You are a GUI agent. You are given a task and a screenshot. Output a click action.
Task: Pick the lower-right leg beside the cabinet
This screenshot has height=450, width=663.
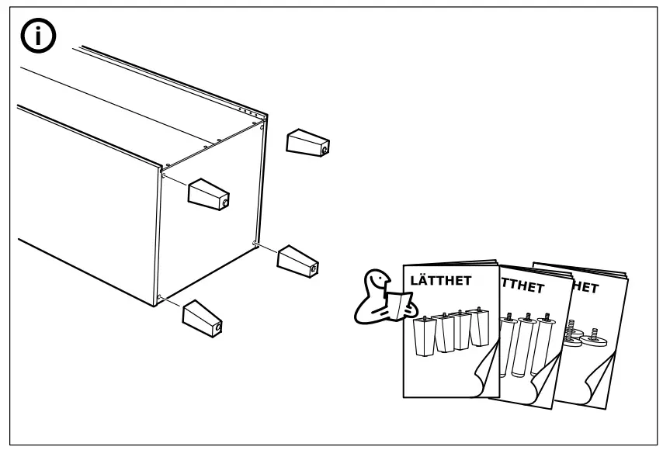click(x=298, y=260)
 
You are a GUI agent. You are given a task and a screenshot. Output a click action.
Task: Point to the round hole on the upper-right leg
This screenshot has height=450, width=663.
click(x=325, y=145)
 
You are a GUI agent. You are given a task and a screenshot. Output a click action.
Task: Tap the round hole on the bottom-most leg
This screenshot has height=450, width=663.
click(x=218, y=326)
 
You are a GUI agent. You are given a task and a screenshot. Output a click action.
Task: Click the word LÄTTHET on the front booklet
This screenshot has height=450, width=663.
click(x=440, y=281)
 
